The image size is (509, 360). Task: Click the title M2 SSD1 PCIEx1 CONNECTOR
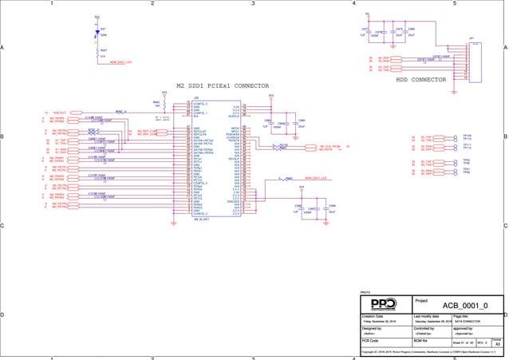pos(223,85)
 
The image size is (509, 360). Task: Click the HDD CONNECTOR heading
pos(421,80)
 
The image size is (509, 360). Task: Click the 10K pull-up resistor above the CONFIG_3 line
pos(164,103)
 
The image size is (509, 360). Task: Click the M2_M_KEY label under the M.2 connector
pos(200,219)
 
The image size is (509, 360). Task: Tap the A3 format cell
pos(497,343)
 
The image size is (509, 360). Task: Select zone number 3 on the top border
pos(253,3)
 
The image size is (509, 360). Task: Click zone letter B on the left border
pos(3,137)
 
